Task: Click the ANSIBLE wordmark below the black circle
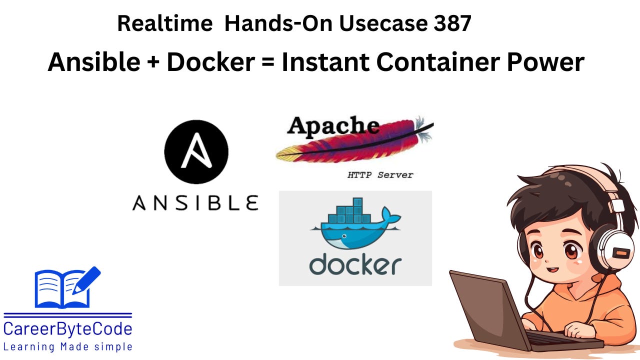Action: click(195, 203)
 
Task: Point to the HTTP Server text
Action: click(380, 175)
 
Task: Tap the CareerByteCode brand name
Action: click(67, 329)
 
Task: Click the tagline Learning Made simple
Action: click(67, 346)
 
